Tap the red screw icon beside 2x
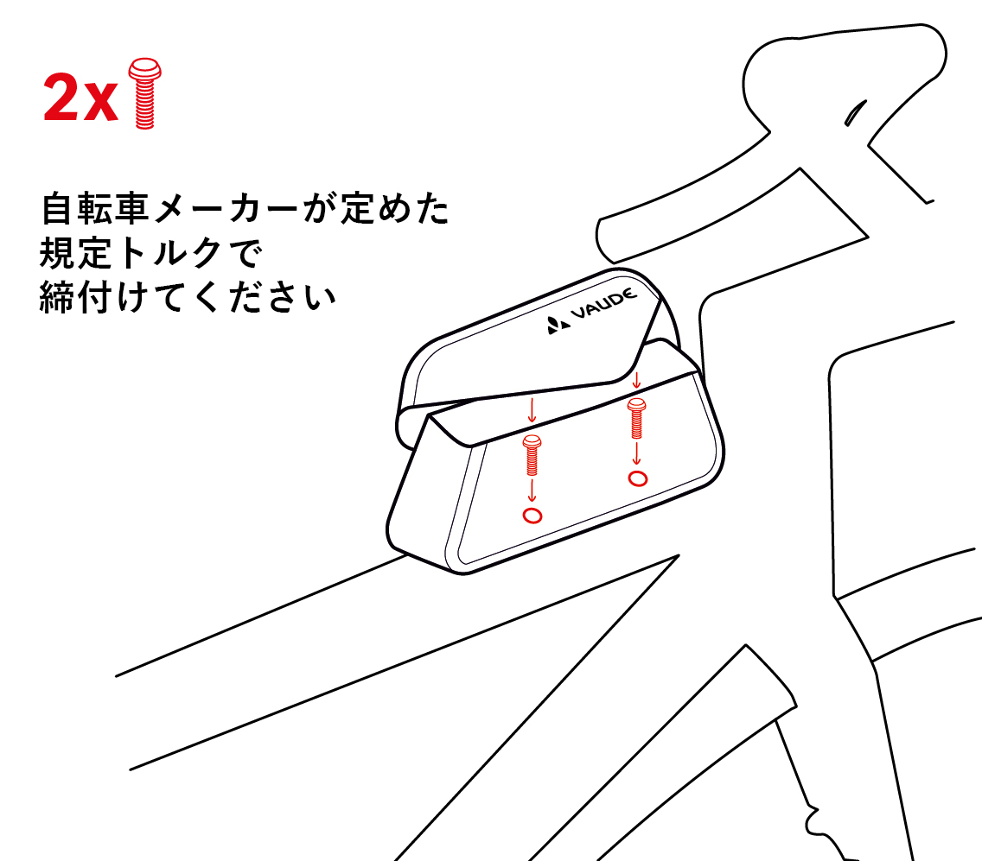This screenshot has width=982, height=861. coord(143,93)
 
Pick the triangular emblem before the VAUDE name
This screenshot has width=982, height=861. coord(556,326)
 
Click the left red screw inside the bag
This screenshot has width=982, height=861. coord(532,456)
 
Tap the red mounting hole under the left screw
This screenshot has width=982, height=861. coord(532,516)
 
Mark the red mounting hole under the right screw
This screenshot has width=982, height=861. coord(638,478)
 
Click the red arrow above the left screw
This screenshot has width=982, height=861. coord(532,411)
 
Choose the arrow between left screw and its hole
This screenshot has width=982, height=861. coord(532,491)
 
